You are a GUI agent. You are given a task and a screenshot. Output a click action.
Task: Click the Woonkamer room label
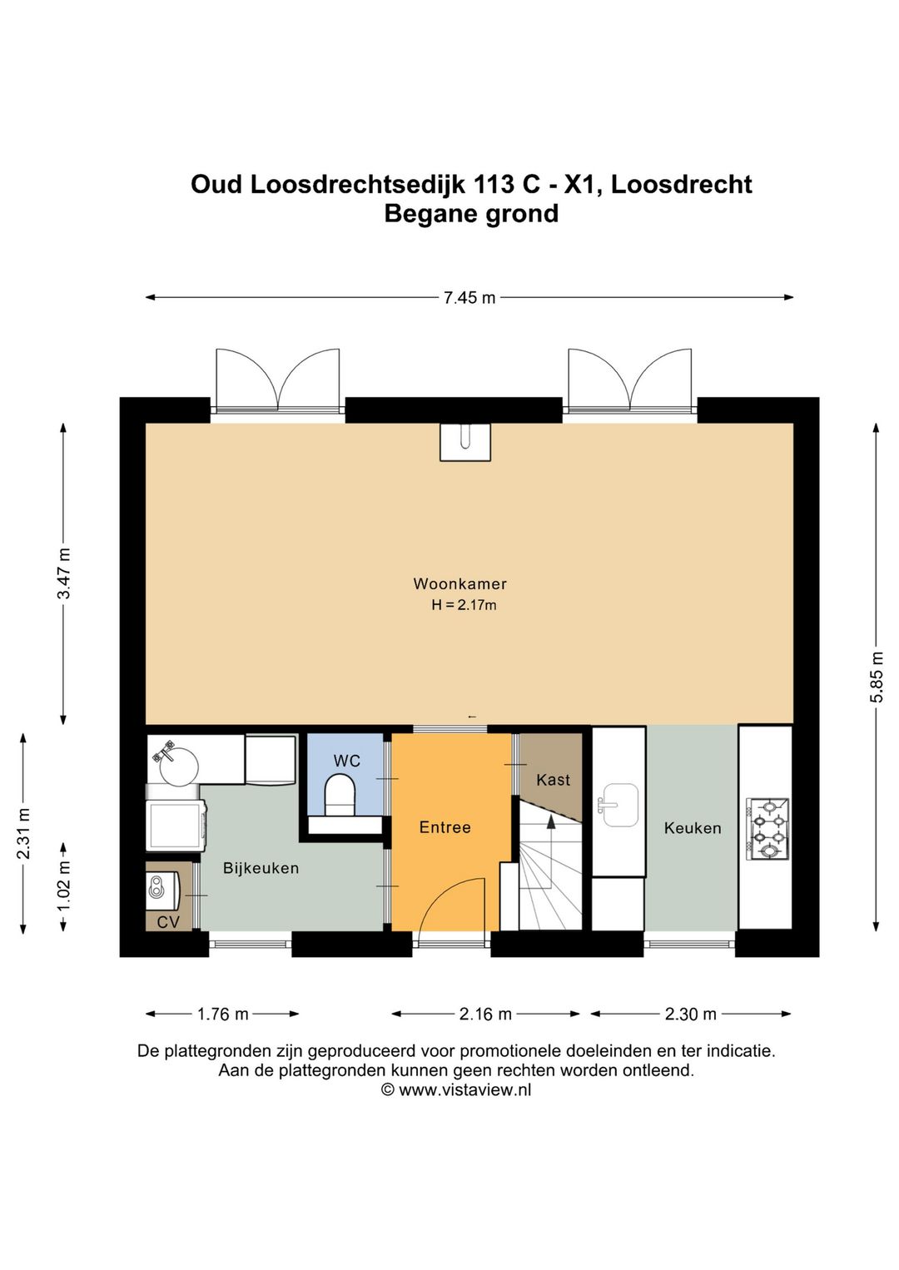coord(459,583)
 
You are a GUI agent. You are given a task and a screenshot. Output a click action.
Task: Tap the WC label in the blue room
coord(346,761)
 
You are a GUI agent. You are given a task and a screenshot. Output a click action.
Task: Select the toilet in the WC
coord(339,796)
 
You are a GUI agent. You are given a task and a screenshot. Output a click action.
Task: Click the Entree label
coord(445,827)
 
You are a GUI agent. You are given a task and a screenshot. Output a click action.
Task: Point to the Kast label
coord(553,780)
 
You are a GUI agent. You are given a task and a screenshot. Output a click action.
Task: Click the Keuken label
coord(693,828)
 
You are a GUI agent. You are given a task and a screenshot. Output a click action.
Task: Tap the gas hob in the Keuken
coord(767,827)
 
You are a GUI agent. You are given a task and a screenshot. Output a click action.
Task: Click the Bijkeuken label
coord(261,868)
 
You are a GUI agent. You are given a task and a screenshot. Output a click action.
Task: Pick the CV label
coord(168,922)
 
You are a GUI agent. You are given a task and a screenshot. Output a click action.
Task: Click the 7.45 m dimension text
coord(469,298)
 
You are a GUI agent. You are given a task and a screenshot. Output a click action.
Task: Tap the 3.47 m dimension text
coord(65,573)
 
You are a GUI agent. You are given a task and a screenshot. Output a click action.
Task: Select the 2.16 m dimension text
coord(485,1014)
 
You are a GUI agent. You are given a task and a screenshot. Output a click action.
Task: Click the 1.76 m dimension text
coord(222,1014)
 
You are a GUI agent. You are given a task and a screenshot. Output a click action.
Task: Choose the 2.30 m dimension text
coord(690,1014)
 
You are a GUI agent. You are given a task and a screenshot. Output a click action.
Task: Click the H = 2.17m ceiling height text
coord(464,605)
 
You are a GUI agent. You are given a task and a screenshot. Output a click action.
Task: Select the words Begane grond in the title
coord(471,214)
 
